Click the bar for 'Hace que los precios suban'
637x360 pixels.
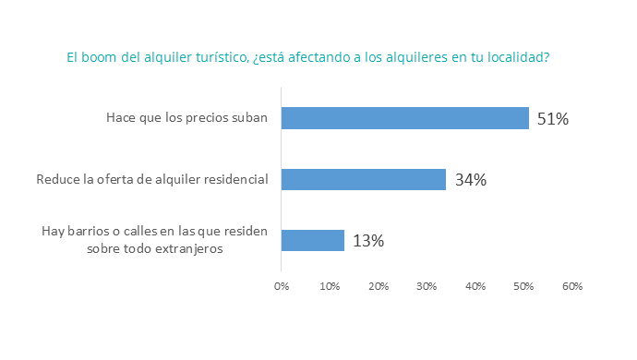[x=404, y=118]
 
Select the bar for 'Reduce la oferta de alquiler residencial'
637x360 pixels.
[x=363, y=179]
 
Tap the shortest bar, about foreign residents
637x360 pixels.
[x=312, y=240]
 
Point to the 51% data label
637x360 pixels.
[x=552, y=119]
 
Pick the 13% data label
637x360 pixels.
[x=367, y=241]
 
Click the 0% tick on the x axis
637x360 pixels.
[x=282, y=287]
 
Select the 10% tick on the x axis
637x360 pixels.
[x=330, y=287]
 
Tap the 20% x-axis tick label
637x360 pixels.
[x=379, y=287]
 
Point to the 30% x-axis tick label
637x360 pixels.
[x=427, y=287]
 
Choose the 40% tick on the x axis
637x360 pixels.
[x=475, y=287]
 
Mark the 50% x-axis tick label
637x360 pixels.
[x=523, y=287]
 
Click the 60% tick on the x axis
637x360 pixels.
[x=572, y=287]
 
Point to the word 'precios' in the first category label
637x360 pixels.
[x=205, y=118]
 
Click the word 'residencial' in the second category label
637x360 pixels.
[x=238, y=179]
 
